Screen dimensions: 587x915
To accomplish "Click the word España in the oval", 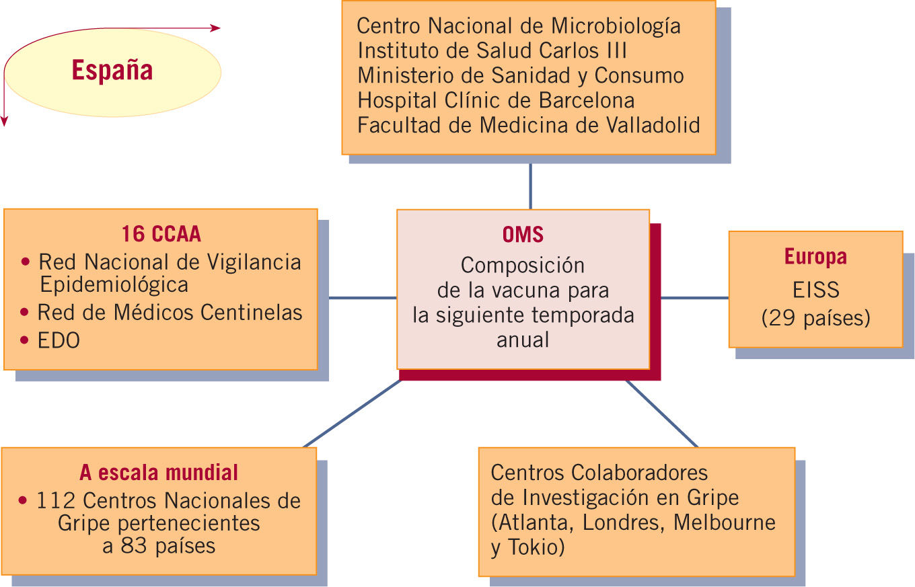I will (x=112, y=71).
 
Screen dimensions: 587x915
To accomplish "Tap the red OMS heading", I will (x=523, y=235).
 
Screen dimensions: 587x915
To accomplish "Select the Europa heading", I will (x=815, y=257).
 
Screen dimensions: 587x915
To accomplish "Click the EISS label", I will (x=815, y=289).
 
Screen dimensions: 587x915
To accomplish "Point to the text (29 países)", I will (x=815, y=317).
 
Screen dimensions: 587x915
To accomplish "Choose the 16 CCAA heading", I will (x=161, y=234).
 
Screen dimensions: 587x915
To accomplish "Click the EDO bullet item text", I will (x=59, y=340).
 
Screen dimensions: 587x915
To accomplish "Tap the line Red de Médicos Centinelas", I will (x=170, y=312).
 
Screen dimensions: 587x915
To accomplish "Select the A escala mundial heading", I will (x=159, y=473).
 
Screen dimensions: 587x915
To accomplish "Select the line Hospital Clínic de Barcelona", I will (x=496, y=100).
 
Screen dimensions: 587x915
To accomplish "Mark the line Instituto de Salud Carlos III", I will (x=492, y=50).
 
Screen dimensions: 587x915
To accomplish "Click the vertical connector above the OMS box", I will (x=530, y=186).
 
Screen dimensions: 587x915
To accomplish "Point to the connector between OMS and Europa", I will (x=694, y=297).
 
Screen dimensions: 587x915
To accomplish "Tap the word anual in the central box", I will (x=523, y=340).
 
